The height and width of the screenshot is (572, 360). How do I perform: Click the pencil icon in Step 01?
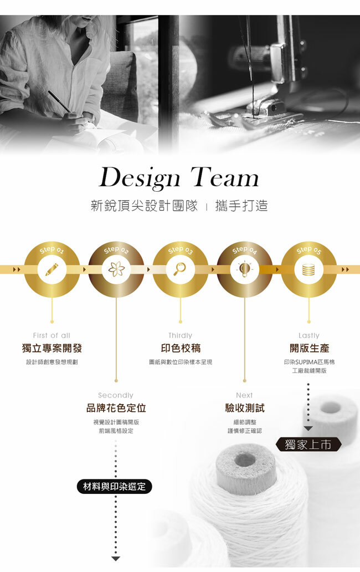tap(52, 269)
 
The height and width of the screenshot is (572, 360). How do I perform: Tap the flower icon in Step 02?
tap(116, 269)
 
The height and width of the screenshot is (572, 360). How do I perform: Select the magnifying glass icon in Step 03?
tap(180, 269)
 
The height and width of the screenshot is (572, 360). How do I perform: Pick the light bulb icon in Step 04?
tap(244, 269)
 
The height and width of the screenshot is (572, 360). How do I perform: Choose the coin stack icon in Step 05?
tap(308, 269)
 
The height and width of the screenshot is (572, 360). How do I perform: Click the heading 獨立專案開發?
tap(52, 349)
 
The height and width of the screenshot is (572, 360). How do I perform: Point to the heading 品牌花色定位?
tap(116, 408)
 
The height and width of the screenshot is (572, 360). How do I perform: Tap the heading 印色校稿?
tap(180, 349)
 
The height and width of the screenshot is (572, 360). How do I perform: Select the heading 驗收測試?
tap(244, 408)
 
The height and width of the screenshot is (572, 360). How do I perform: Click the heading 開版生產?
tap(308, 349)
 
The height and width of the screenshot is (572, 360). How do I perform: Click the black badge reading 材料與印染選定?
tap(114, 487)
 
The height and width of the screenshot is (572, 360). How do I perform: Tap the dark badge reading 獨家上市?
tap(308, 444)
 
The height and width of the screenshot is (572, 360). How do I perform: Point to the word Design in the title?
tap(139, 178)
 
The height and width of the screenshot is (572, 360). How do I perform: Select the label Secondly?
tap(116, 395)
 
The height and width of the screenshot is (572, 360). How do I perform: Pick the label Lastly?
tap(308, 335)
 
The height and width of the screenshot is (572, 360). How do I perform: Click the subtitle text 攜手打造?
tap(243, 206)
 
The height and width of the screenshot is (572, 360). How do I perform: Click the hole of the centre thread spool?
tap(245, 459)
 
